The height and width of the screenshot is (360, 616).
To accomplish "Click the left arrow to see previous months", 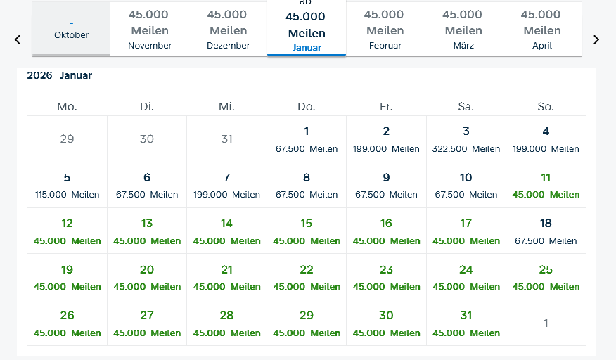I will point(18,39).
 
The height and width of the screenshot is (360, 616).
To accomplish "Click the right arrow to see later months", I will point(596,39).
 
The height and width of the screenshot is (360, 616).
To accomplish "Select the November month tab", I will point(150,30).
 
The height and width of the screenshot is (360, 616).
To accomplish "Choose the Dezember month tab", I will point(228,30).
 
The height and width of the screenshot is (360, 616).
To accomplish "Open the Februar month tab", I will point(385,30).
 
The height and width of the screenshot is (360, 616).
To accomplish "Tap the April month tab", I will point(542,30).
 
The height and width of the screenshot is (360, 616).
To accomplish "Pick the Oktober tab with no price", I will point(71,30).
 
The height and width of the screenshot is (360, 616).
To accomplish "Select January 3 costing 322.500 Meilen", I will point(466,139).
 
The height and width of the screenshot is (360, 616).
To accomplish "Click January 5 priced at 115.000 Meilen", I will point(67,185).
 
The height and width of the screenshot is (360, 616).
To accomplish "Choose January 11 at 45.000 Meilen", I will point(546,185).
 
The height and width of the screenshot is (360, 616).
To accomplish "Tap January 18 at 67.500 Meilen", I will point(546,231).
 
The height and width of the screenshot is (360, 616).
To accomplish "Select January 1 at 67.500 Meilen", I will point(307,139).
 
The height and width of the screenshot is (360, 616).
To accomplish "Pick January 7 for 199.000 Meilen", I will point(226,185).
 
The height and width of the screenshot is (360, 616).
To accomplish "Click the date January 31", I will point(466,323).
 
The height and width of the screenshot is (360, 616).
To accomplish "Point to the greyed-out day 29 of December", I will point(67,139).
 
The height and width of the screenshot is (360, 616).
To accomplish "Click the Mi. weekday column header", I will point(226,107).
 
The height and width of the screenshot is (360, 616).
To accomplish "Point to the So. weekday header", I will point(546,107).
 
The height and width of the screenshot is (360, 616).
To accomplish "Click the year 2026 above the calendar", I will point(39,75).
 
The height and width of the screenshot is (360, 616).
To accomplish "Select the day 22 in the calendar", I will point(307,277).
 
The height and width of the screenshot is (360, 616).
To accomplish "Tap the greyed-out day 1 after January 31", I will point(546,323).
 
